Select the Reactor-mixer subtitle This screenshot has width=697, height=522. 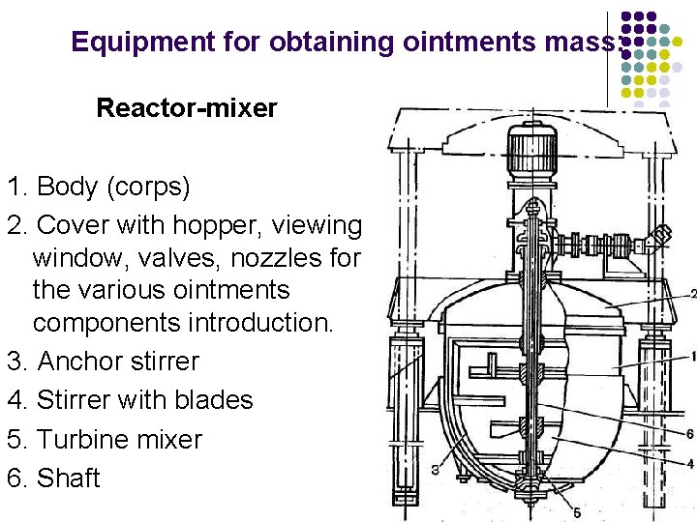pos(186,107)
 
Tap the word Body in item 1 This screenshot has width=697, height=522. pos(66,185)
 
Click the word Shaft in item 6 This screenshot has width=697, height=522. pos(68,478)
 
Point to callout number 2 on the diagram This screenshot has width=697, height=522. pos(691,293)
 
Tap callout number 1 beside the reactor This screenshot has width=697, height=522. pos(691,357)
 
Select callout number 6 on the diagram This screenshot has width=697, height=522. pos(689,434)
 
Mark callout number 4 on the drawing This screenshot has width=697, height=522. pos(689,464)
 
